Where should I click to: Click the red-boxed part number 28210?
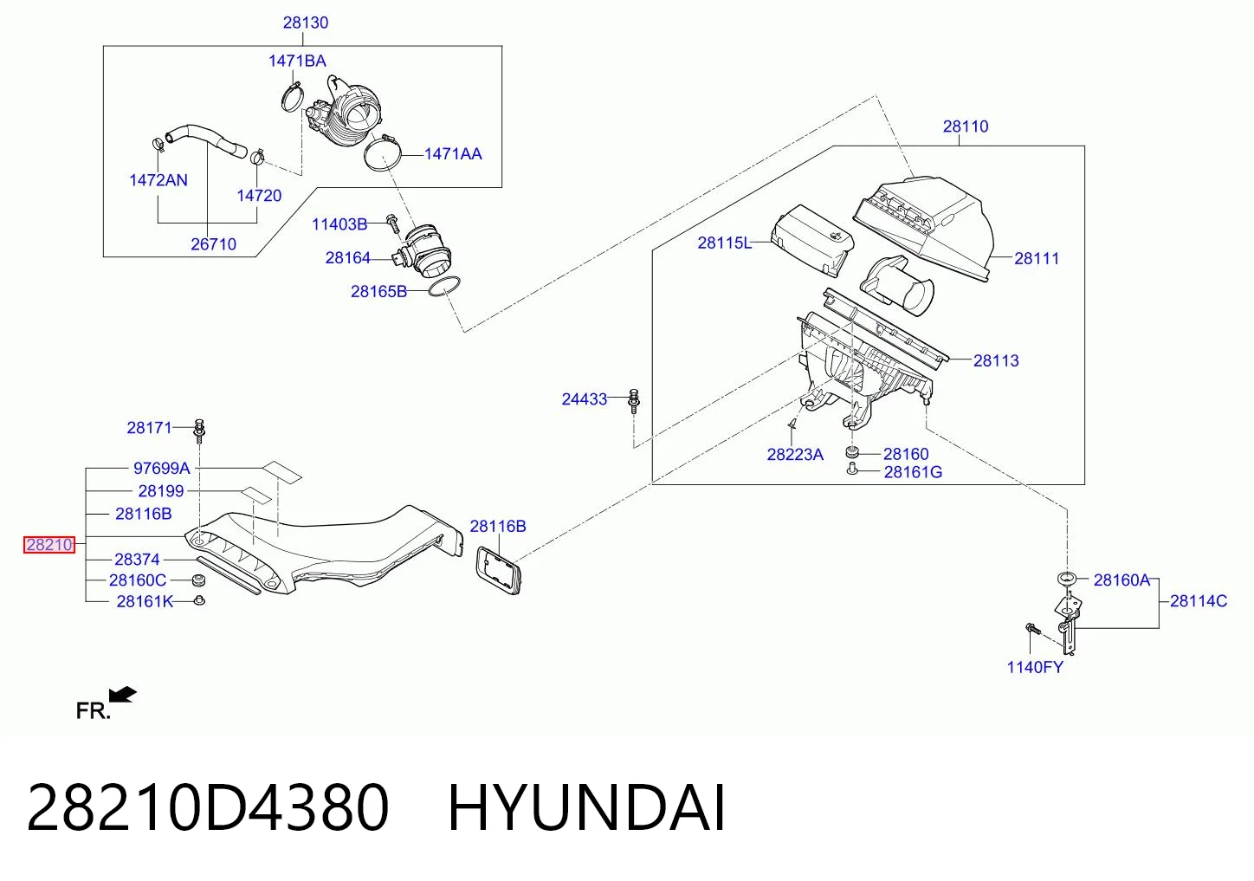point(49,544)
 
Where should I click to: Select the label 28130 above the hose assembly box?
point(306,23)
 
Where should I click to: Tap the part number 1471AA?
point(453,154)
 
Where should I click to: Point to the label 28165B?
point(378,291)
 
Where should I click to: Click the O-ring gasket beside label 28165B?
point(444,286)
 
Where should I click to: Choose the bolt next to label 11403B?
point(393,224)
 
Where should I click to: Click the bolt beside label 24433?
point(634,401)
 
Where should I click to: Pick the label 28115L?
point(724,243)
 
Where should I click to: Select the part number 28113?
point(996,360)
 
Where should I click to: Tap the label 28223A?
point(795,454)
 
